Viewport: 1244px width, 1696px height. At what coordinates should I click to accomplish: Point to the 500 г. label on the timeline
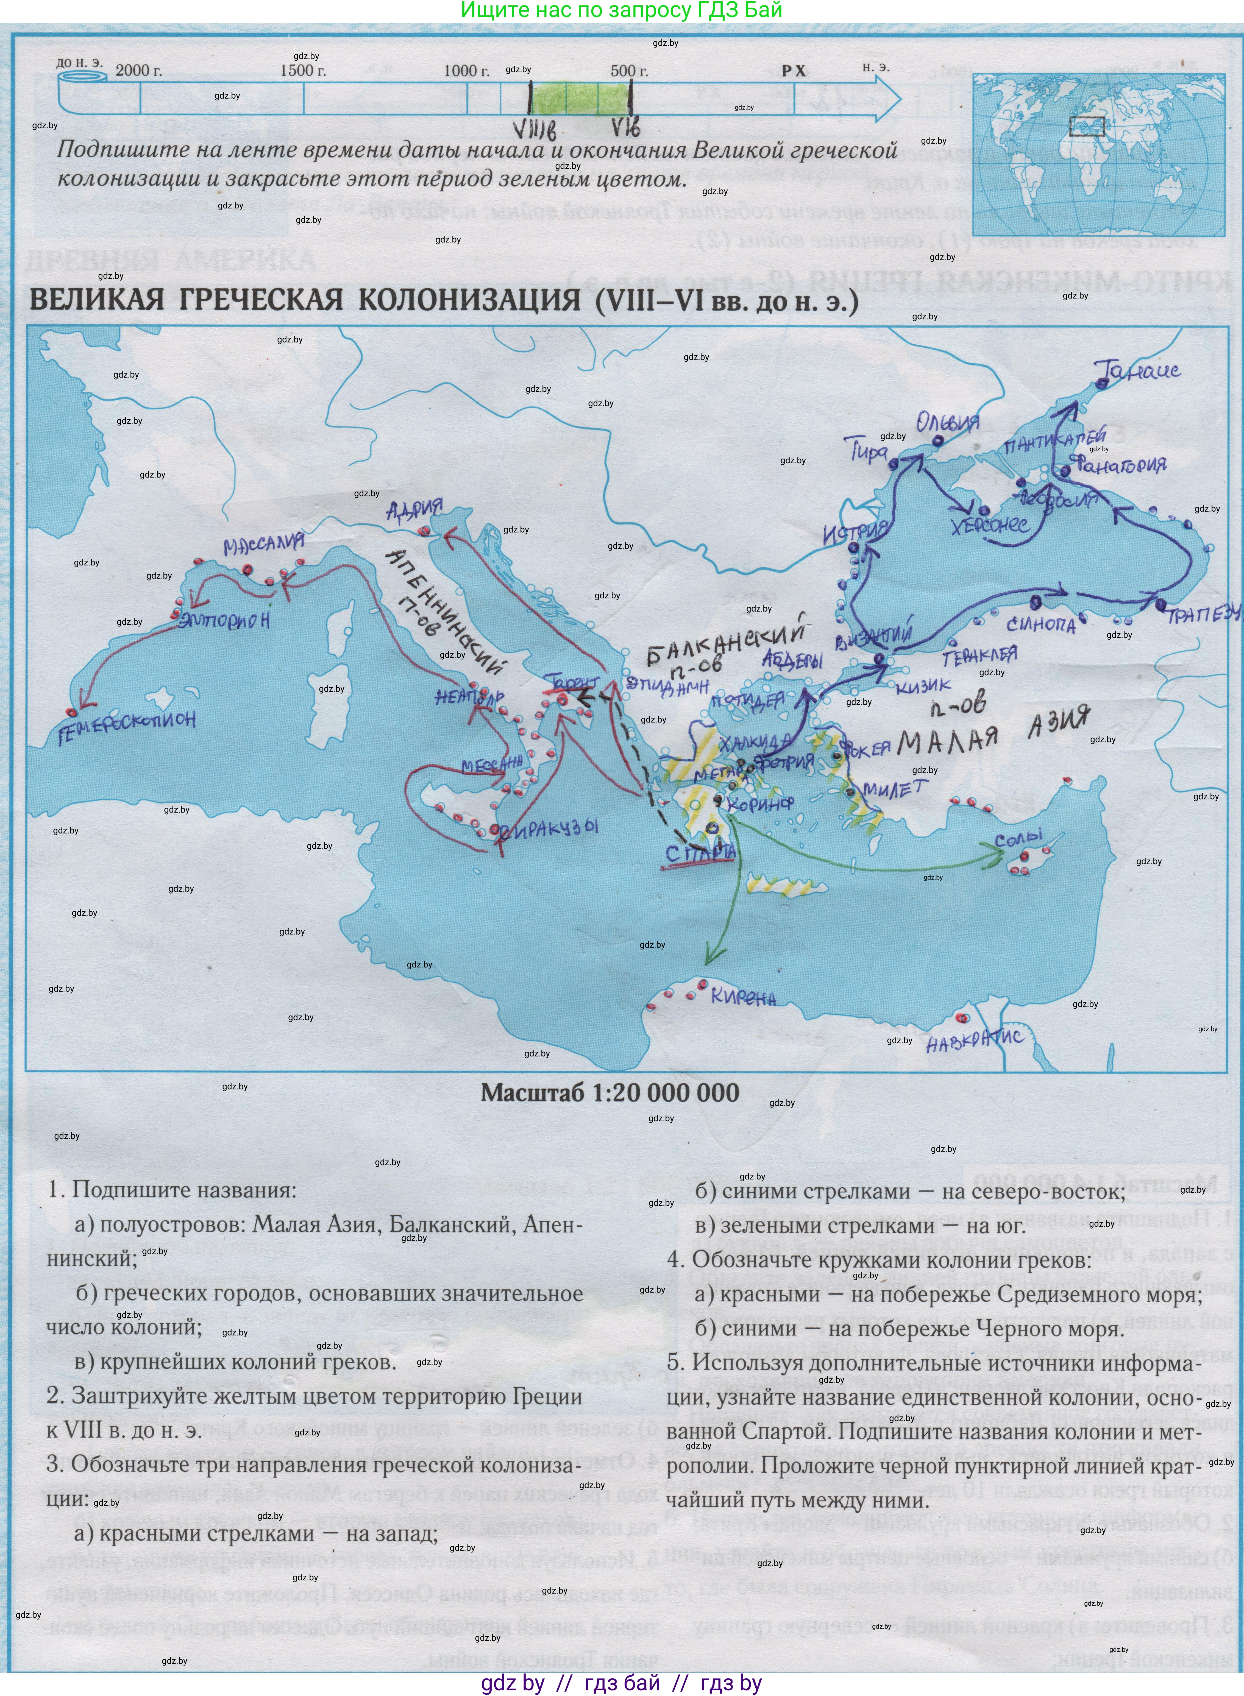pos(629,71)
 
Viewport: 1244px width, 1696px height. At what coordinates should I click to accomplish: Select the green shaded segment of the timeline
pos(580,99)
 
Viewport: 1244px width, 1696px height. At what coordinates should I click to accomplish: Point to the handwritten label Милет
pos(896,788)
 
